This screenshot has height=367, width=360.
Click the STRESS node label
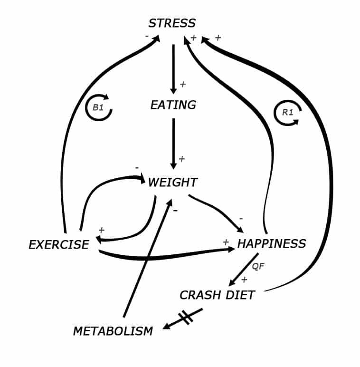point(172,23)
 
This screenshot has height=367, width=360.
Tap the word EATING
point(173,105)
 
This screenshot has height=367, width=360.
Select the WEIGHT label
point(172,183)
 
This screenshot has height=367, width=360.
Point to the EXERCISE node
point(58,245)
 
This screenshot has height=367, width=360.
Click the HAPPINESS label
point(271,244)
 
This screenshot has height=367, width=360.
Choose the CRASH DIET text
point(217,295)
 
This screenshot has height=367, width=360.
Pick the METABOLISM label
point(113,331)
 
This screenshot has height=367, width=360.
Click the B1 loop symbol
point(98,108)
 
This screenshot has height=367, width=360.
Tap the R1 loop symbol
point(288,113)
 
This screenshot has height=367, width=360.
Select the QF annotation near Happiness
point(258,267)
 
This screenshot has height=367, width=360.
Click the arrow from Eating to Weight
point(173,143)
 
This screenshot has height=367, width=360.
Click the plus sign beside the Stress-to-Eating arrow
point(183,85)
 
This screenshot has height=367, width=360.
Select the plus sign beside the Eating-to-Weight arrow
point(181,159)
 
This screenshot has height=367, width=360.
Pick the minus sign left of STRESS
point(147,36)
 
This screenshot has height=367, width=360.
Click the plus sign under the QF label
point(245,280)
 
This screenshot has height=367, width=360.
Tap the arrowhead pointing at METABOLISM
point(166,327)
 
